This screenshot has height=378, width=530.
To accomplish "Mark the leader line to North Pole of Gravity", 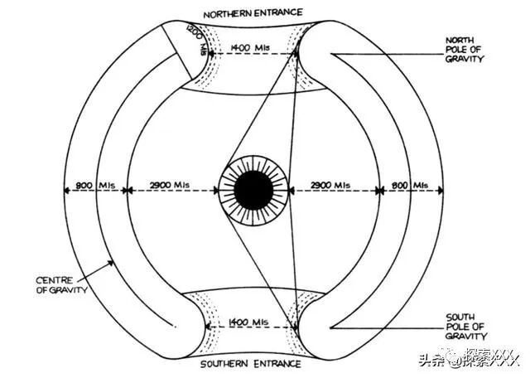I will (389, 56).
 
